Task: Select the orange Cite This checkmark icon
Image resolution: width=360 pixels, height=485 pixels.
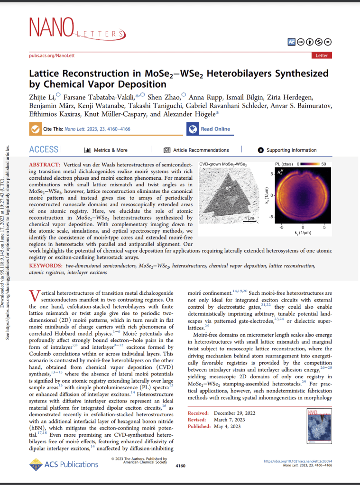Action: coord(35,129)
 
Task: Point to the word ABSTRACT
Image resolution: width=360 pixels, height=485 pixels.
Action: coord(45,164)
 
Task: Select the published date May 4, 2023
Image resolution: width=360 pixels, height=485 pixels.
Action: coord(227,426)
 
